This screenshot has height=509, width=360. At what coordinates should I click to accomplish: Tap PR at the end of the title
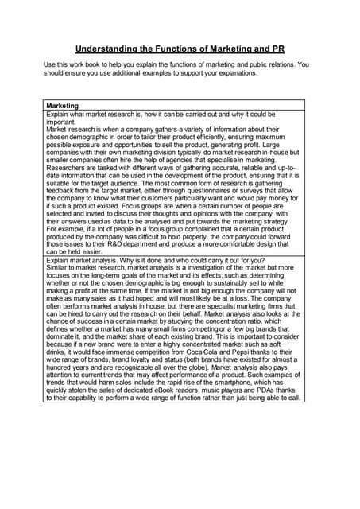[x=278, y=48]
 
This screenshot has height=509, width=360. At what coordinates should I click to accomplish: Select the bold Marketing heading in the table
[x=63, y=106]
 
